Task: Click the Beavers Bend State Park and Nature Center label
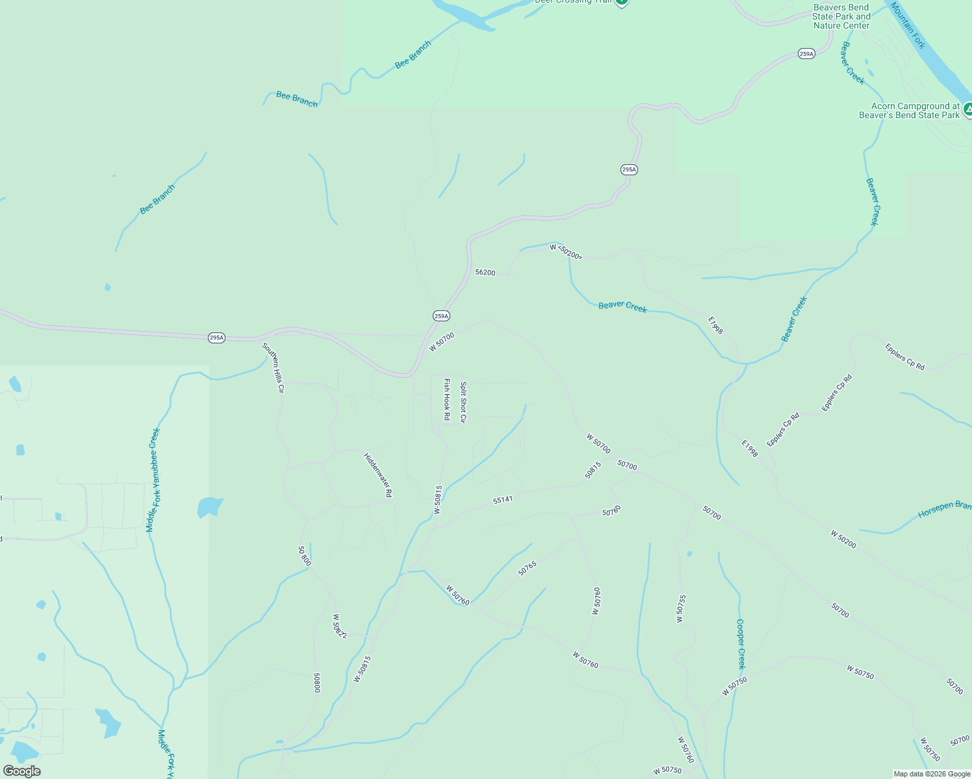(x=841, y=17)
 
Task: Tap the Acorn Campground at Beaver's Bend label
(x=909, y=110)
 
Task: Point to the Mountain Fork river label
(x=908, y=25)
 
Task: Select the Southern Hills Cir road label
(x=273, y=367)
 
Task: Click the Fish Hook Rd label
(x=446, y=399)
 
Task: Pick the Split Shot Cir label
(x=463, y=402)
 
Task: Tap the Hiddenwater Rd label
(x=378, y=475)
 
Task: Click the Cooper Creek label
(x=741, y=643)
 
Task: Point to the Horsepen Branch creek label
(x=944, y=510)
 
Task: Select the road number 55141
(x=503, y=499)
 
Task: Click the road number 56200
(x=485, y=273)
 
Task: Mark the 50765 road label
(x=528, y=568)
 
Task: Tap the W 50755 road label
(x=680, y=609)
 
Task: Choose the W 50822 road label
(x=340, y=626)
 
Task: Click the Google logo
(x=21, y=771)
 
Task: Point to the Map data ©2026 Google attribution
(x=932, y=774)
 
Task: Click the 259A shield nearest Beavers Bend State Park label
(x=806, y=54)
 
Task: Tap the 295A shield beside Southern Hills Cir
(x=216, y=338)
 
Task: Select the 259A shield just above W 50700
(x=441, y=316)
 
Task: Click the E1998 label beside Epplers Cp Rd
(x=750, y=449)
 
